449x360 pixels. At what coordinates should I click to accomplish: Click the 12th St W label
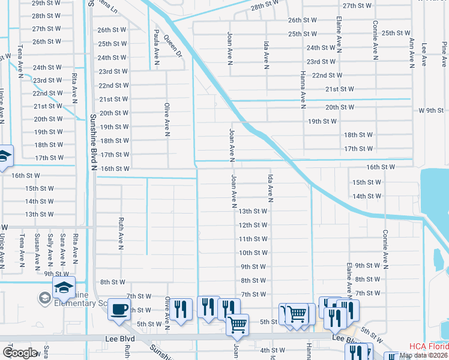pos(253,225)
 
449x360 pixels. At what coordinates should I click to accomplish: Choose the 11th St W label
pos(253,239)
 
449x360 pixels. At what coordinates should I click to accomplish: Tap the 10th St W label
pos(253,253)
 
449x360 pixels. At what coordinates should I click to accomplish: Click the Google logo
pos(20,352)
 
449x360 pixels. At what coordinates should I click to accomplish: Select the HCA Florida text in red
pos(429,346)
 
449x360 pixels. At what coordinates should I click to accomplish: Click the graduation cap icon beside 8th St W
pos(64,286)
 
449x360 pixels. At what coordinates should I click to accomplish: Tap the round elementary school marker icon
pos(45,298)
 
